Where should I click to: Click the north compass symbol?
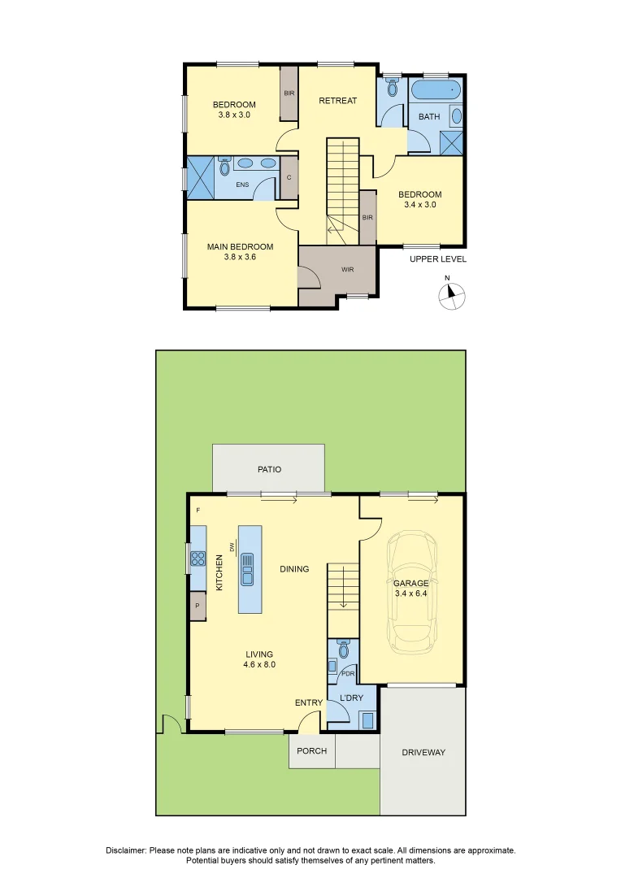click(x=452, y=296)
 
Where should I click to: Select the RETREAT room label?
click(x=337, y=101)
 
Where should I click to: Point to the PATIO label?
click(x=269, y=470)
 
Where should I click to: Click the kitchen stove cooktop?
click(x=198, y=559)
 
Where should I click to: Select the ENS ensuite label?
click(x=242, y=185)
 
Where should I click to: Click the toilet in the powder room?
click(x=343, y=650)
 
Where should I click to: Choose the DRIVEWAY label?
click(x=423, y=753)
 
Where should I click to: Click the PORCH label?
click(x=311, y=751)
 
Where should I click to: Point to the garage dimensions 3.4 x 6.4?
click(x=410, y=595)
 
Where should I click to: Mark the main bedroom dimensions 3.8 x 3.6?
click(x=240, y=258)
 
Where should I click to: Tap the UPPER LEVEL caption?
click(x=437, y=259)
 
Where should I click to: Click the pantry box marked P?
click(x=197, y=606)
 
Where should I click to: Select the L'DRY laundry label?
click(x=351, y=698)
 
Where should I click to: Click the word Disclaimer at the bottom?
click(x=126, y=850)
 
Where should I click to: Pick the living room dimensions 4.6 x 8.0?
click(x=260, y=664)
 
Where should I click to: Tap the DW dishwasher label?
click(x=232, y=547)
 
